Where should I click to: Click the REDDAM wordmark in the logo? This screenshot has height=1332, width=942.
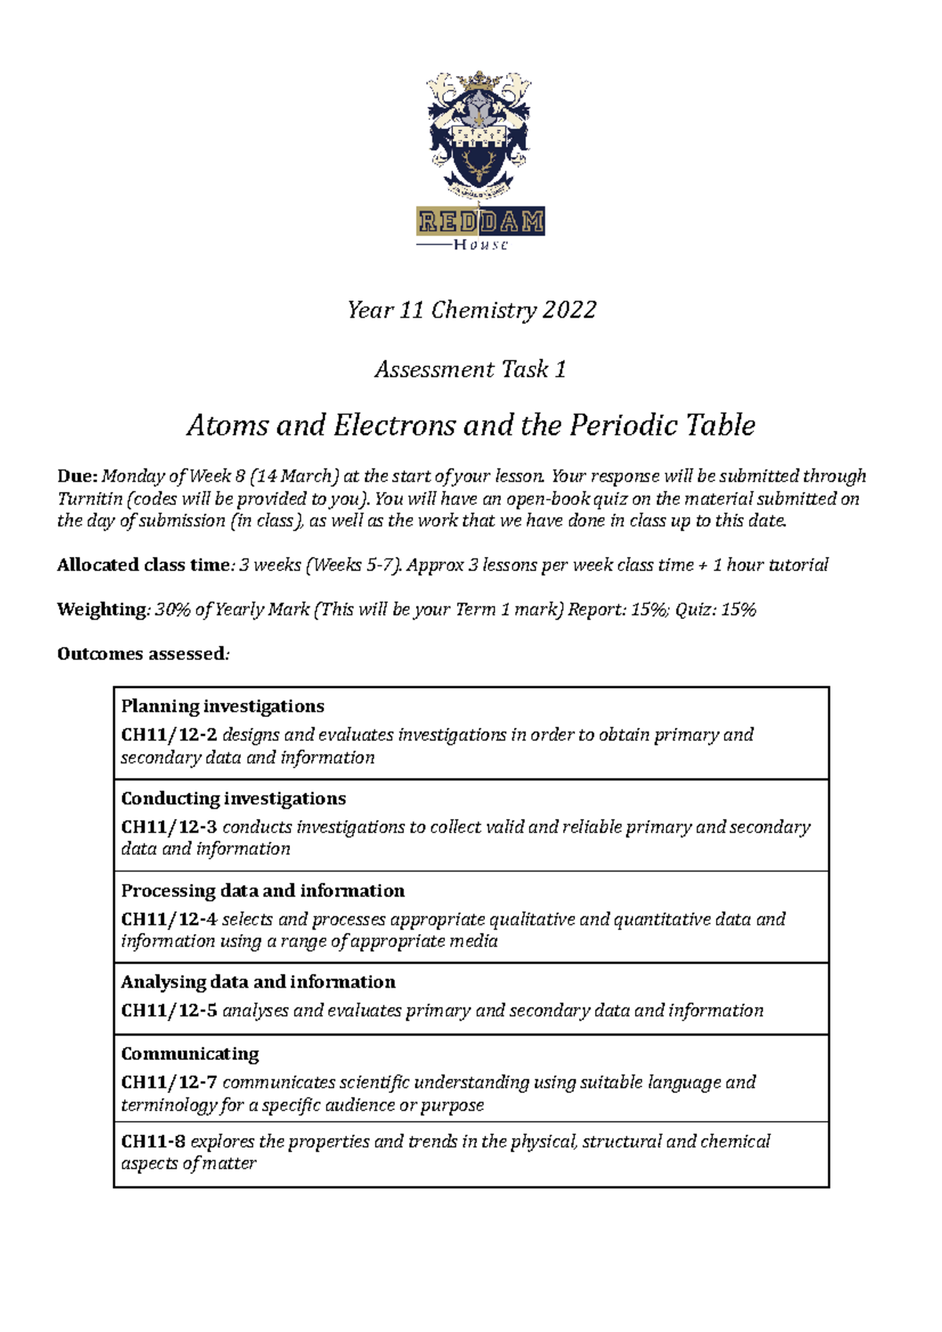(x=480, y=222)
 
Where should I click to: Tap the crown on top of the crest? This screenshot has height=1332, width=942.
(x=479, y=81)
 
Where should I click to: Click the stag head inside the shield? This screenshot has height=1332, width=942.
(x=478, y=165)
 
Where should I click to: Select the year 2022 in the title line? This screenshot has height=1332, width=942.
(x=569, y=310)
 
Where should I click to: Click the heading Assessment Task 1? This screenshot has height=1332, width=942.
(x=470, y=369)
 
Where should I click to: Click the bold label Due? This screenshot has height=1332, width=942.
(x=77, y=476)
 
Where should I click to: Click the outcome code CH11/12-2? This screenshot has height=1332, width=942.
(x=169, y=735)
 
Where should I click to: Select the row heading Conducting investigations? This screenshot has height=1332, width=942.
(x=233, y=799)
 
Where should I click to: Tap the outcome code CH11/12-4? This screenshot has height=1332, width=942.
(x=169, y=919)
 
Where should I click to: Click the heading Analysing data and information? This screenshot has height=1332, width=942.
(x=258, y=982)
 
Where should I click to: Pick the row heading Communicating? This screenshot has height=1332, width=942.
(x=190, y=1054)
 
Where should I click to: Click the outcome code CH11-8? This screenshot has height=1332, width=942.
(x=153, y=1141)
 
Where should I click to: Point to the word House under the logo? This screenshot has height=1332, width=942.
(x=480, y=245)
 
